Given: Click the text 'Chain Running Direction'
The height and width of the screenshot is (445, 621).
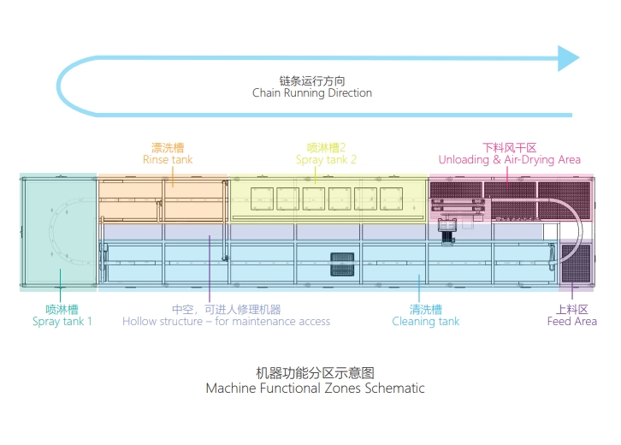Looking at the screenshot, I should pyautogui.click(x=312, y=93).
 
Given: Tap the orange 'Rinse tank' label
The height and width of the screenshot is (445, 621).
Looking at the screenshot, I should pyautogui.click(x=168, y=159).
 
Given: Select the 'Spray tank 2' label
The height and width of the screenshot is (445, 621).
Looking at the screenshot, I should pyautogui.click(x=326, y=159).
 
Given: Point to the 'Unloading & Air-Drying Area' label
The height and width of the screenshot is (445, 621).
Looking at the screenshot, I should pyautogui.click(x=509, y=159).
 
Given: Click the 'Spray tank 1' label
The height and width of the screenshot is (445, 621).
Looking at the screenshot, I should pyautogui.click(x=62, y=322).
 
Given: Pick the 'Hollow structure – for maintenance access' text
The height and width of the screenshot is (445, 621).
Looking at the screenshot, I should pyautogui.click(x=226, y=322).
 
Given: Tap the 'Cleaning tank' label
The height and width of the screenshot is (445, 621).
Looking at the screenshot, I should pyautogui.click(x=425, y=322).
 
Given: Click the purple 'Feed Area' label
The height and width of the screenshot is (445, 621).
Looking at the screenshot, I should pyautogui.click(x=571, y=322).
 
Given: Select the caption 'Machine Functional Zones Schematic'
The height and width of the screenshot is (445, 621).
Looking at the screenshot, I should pyautogui.click(x=315, y=389).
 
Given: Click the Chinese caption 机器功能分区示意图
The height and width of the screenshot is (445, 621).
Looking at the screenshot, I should pyautogui.click(x=315, y=373).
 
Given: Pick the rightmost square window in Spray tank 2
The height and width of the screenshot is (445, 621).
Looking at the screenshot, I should pyautogui.click(x=391, y=198).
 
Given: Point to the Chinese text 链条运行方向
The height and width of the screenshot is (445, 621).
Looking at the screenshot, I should pyautogui.click(x=312, y=79).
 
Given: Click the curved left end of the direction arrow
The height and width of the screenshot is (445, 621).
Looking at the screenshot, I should pyautogui.click(x=62, y=86).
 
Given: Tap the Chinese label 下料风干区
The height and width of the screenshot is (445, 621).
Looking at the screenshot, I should pyautogui.click(x=509, y=147).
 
